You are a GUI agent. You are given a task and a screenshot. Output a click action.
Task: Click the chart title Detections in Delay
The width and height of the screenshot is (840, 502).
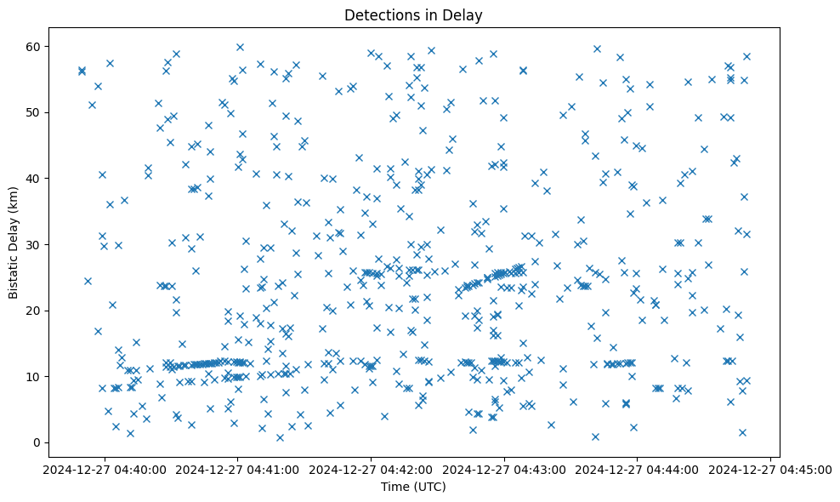(x=418, y=15)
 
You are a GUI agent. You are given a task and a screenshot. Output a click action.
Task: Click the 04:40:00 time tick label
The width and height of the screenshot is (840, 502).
(x=105, y=469)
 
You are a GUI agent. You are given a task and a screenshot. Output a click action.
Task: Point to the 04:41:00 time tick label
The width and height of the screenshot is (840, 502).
(x=238, y=469)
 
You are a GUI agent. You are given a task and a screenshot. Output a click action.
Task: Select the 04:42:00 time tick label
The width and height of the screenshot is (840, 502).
(x=372, y=469)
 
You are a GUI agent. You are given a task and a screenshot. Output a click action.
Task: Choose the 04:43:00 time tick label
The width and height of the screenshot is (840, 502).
(x=505, y=469)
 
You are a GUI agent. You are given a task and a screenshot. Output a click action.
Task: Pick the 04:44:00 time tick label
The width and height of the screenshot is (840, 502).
(x=638, y=469)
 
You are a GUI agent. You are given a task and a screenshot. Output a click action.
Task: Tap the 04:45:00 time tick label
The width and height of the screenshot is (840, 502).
(x=771, y=469)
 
